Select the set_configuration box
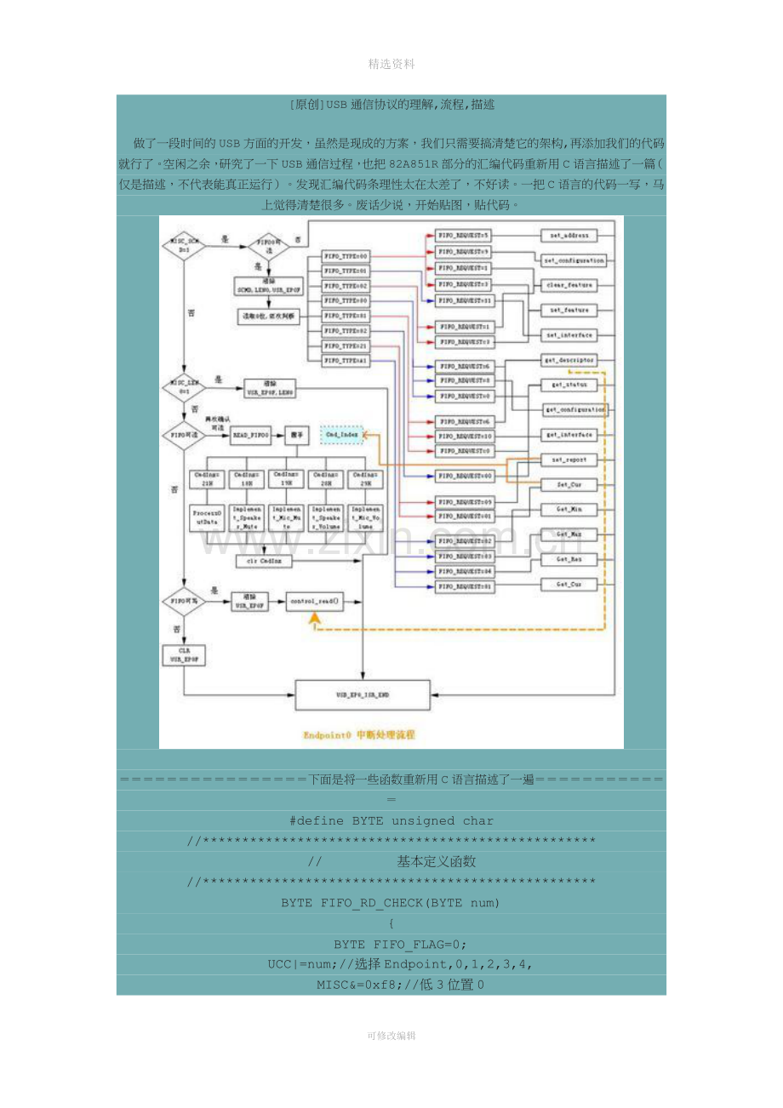click(x=574, y=260)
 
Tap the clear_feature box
click(x=569, y=285)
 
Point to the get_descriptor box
click(x=569, y=360)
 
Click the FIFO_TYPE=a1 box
click(x=346, y=361)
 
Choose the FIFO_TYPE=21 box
click(x=346, y=346)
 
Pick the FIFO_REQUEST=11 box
click(x=464, y=300)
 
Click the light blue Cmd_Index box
click(x=342, y=435)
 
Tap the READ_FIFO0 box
click(x=251, y=435)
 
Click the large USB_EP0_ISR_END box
click(x=363, y=695)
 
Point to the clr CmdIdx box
click(x=265, y=561)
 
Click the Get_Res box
click(x=569, y=560)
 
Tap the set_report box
click(x=569, y=460)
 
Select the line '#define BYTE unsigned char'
click(x=391, y=821)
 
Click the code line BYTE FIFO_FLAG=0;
click(x=391, y=945)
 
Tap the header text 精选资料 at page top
click(x=391, y=64)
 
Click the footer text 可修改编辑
click(x=391, y=1036)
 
